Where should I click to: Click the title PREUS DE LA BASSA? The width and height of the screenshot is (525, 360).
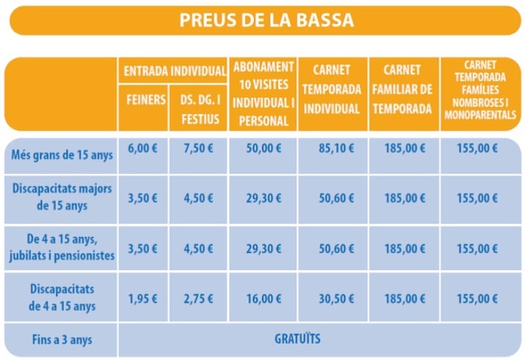point(266,20)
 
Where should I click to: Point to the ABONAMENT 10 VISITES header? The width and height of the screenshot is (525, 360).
point(262,94)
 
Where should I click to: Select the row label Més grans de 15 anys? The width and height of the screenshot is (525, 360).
point(62,155)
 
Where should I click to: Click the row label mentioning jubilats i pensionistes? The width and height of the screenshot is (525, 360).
point(62,249)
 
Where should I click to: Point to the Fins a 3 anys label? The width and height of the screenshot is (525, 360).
point(62,340)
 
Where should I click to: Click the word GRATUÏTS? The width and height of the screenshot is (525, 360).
point(297,339)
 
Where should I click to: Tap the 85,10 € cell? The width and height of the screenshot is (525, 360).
point(331,148)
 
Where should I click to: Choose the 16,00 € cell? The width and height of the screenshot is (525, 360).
point(262,299)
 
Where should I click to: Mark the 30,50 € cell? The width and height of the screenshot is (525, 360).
point(331,299)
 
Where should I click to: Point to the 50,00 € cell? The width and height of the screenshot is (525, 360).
point(262,148)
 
